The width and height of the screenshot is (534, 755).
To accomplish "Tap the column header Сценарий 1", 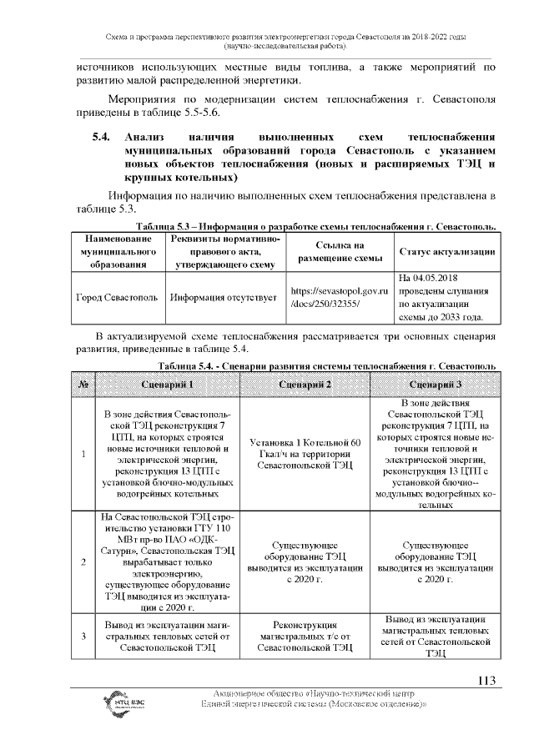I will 168,385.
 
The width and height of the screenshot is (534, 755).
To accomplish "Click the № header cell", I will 83,385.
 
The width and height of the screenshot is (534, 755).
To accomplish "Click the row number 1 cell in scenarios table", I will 83,454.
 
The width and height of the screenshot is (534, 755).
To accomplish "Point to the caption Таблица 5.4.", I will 327,367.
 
